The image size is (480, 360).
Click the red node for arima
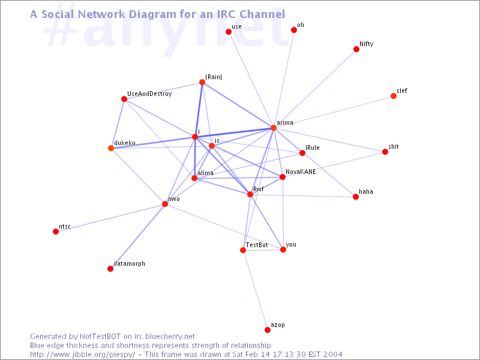(274, 128)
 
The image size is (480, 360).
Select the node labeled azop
(268, 329)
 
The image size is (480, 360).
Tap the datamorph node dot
(110, 269)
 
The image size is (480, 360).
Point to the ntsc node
(56, 232)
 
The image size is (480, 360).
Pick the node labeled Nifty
(356, 49)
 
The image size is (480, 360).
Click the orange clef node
(394, 96)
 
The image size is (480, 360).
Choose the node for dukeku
(111, 148)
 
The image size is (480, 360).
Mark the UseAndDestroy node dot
(124, 99)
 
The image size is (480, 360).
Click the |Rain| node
(202, 82)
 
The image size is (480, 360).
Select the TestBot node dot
(243, 250)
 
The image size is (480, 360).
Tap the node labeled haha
(356, 197)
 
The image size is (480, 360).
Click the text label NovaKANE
(301, 172)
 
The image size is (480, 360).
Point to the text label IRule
(312, 148)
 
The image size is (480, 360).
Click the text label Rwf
(259, 189)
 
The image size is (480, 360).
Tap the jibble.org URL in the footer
(82, 355)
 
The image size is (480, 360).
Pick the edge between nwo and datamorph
(138, 236)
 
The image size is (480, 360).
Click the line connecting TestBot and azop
(256, 290)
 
